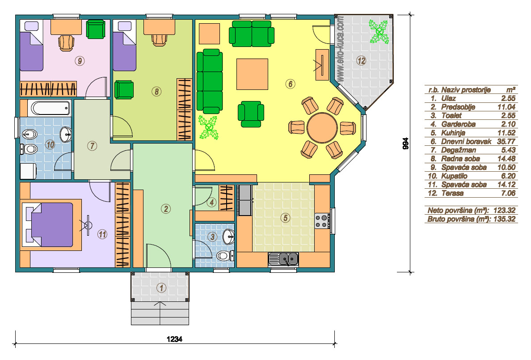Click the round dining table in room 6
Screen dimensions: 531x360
(322, 128)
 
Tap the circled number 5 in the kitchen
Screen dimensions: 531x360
(285, 218)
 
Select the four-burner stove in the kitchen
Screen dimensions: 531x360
(322, 220)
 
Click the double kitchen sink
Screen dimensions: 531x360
(283, 259)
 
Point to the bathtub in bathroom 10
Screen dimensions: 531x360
(51, 108)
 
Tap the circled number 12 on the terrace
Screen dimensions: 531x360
(361, 61)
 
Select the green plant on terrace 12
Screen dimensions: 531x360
(379, 32)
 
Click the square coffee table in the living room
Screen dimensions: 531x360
(252, 74)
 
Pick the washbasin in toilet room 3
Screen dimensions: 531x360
(228, 236)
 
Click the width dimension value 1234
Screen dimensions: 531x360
(174, 339)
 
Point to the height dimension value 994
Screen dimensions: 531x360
(405, 144)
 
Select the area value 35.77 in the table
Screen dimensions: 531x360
(506, 141)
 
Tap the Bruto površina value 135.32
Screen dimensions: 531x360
(504, 219)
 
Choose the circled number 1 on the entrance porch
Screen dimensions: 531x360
(161, 288)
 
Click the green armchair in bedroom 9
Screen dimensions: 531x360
(96, 29)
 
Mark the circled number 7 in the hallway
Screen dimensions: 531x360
(92, 146)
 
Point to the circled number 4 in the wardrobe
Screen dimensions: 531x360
(212, 203)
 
